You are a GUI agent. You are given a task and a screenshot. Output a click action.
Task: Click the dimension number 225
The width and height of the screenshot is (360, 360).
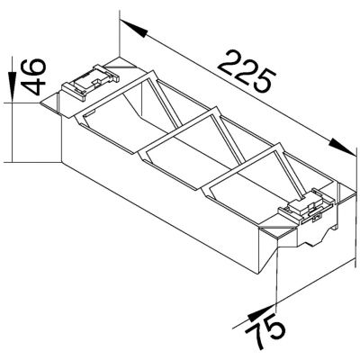click(246, 72)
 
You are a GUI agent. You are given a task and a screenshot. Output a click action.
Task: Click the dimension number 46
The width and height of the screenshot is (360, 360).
click(34, 76)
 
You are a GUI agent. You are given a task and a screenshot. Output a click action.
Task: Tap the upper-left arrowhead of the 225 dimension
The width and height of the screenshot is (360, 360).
click(133, 29)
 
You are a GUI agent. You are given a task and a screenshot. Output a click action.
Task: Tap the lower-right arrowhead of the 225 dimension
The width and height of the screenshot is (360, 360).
click(342, 147)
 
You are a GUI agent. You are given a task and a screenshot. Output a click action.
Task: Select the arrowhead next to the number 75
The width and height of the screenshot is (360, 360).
click(260, 312)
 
